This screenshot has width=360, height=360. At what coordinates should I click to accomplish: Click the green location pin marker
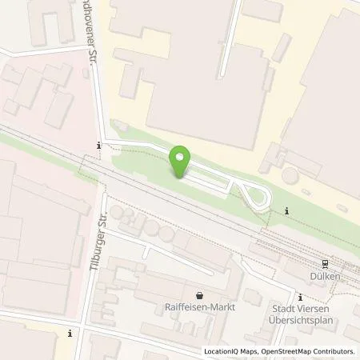pos(180,164)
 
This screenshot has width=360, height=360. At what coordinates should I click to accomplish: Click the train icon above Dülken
pos(326,263)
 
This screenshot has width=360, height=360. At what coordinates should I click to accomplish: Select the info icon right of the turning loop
pos(287,210)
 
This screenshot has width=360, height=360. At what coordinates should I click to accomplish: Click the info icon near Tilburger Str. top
pos(98,146)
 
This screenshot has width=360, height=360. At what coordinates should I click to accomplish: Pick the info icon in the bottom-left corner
pos(70,333)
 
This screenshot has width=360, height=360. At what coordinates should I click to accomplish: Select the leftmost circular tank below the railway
pos(118,214)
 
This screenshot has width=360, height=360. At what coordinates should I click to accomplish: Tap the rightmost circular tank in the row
pos(166,234)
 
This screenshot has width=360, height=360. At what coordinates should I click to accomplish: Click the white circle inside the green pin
pos(180,158)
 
